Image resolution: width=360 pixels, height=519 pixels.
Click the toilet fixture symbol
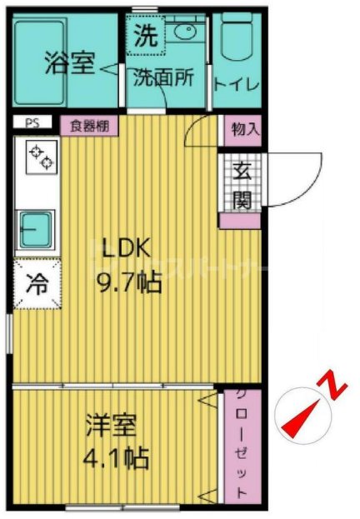tap(237, 37)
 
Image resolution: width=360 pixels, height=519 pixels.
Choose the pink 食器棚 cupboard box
tap(89, 125)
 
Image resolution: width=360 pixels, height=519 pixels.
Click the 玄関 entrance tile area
tap(242, 185)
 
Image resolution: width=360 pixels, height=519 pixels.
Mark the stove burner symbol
tap(38, 156)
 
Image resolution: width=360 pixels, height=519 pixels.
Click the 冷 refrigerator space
tap(37, 283)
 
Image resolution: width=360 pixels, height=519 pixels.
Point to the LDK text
tap(124, 247)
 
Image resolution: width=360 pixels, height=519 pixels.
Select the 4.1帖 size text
tap(116, 457)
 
